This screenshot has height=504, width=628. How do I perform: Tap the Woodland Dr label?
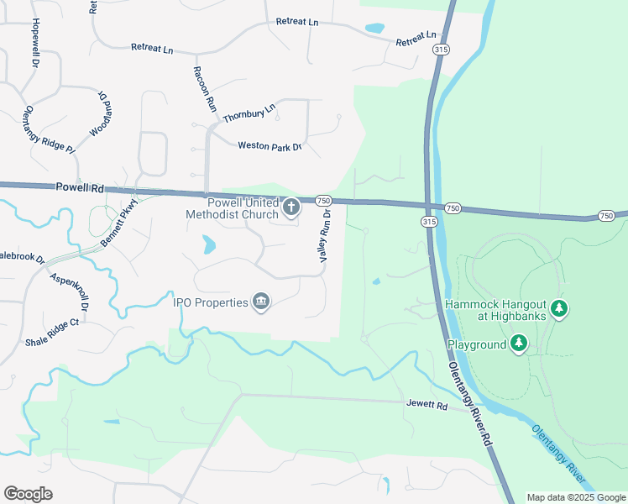point(100,114)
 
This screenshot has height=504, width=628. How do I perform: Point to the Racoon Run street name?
point(205,90)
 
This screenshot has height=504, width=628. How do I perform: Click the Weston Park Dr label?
point(269,146)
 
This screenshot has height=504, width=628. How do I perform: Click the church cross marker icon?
point(291,206)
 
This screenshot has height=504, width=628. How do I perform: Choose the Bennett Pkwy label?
point(118,223)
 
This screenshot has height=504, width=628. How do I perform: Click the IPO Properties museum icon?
point(261,302)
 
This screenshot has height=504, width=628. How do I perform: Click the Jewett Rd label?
point(428,405)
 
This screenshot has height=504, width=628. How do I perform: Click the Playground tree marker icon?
point(519,344)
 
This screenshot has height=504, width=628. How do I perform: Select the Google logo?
point(28,494)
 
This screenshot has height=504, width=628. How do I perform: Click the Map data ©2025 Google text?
point(576,497)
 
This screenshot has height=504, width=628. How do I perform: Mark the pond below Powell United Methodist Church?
point(207,244)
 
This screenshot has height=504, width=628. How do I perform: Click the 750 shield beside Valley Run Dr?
point(323,201)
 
